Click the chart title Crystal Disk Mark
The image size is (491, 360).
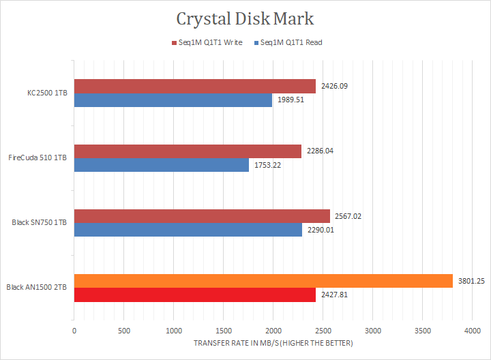[245, 18]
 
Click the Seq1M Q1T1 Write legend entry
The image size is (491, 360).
[207, 42]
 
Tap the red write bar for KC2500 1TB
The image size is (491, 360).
[194, 86]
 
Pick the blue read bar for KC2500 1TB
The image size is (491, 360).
[173, 100]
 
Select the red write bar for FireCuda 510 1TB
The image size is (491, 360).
[188, 151]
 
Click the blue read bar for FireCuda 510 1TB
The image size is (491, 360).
[161, 165]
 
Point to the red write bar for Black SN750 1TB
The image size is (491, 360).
[202, 216]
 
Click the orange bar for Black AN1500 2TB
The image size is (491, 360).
[263, 281]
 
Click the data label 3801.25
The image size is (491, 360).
[471, 281]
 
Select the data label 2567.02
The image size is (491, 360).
[348, 216]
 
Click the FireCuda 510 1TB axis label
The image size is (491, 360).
[38, 158]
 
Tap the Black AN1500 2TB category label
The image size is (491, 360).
[37, 288]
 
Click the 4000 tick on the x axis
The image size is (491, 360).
[473, 330]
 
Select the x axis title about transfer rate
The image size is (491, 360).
[273, 344]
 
